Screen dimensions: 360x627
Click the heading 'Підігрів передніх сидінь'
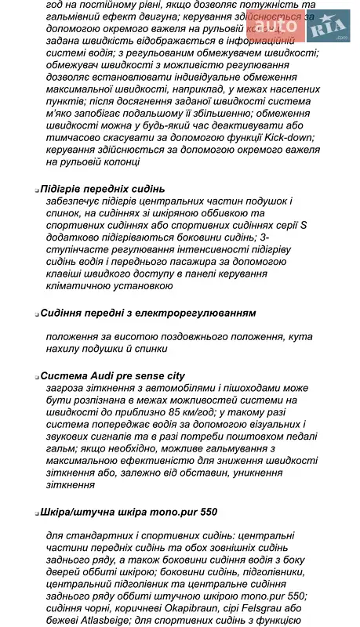102,188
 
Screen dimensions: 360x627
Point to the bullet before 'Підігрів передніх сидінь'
37,190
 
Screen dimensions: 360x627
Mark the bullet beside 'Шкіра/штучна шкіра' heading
37,513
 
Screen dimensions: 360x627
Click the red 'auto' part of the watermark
274,28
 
